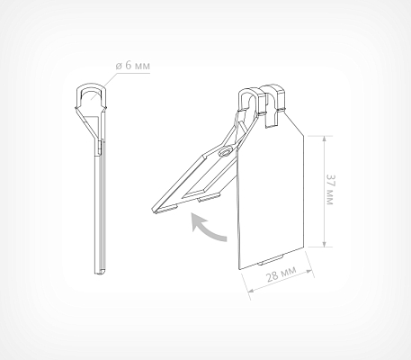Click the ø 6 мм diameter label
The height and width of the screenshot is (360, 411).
[x=132, y=66]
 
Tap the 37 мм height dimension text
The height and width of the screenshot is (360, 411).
[x=330, y=190]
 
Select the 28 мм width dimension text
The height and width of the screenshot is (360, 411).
[x=281, y=273]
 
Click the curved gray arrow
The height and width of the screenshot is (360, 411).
[x=207, y=227]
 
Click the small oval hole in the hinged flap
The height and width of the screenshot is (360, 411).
[x=226, y=151]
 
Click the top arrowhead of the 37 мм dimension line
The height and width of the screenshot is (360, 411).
[x=324, y=139]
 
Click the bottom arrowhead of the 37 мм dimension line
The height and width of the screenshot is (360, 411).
[x=324, y=244]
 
